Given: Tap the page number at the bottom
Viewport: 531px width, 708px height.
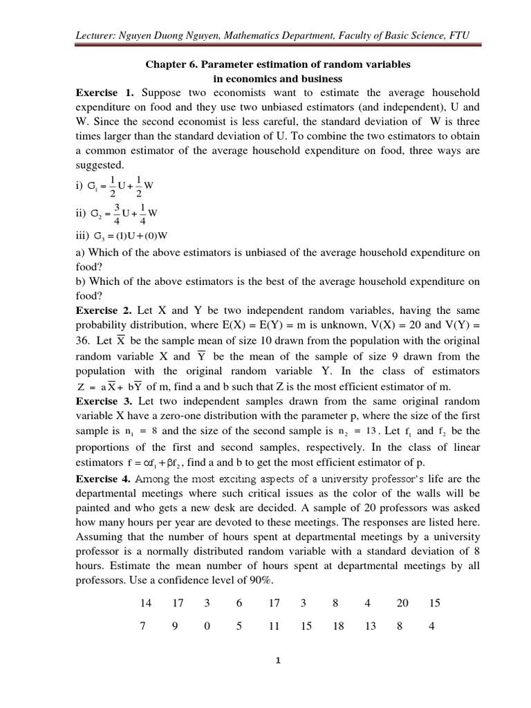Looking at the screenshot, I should (277, 660).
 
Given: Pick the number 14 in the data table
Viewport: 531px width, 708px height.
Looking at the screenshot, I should (146, 604).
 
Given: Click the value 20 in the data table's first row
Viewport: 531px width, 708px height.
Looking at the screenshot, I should (402, 604).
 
